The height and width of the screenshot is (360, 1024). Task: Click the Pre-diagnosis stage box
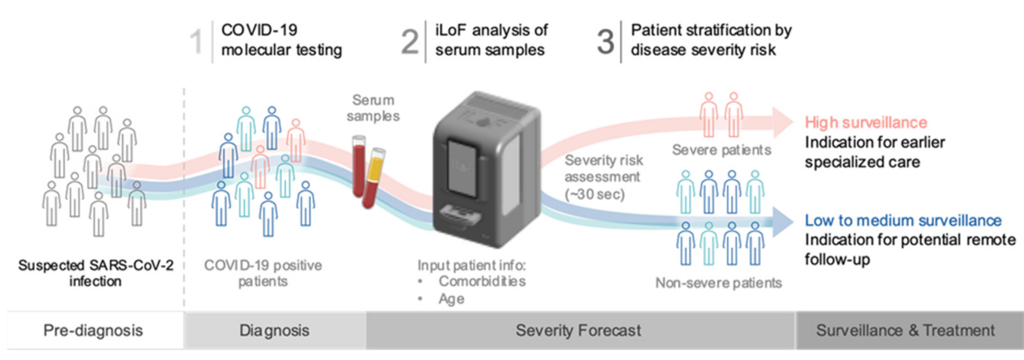[x=93, y=331]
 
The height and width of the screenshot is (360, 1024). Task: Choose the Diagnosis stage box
[x=274, y=331]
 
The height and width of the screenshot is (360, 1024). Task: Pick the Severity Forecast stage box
[x=578, y=331]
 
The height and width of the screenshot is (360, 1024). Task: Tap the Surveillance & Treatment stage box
[x=905, y=331]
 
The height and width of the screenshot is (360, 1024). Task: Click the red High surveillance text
[x=866, y=122]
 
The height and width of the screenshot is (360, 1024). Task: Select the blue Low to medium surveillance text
[x=903, y=221]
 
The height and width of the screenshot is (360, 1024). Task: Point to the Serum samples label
[x=373, y=108]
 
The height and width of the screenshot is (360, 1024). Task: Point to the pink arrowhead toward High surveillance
[x=782, y=122]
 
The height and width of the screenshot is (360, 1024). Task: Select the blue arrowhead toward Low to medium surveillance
[x=782, y=222]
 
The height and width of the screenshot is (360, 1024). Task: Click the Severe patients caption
[x=721, y=150]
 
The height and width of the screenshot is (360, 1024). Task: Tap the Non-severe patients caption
[x=718, y=283]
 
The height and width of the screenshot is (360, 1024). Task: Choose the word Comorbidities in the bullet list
[x=482, y=281]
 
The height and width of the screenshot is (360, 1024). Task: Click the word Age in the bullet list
[x=451, y=299]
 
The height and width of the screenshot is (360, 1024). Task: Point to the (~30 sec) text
[x=595, y=194]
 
